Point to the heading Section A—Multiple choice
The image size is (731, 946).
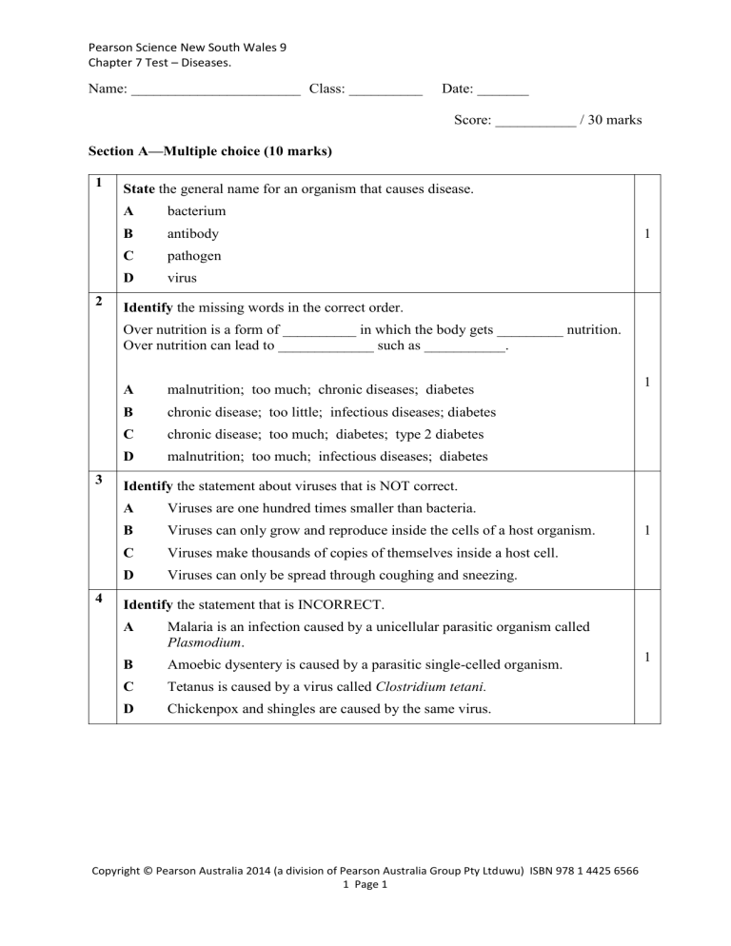pos(209,151)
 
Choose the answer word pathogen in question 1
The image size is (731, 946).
pos(195,256)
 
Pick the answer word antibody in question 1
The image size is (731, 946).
pos(193,233)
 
